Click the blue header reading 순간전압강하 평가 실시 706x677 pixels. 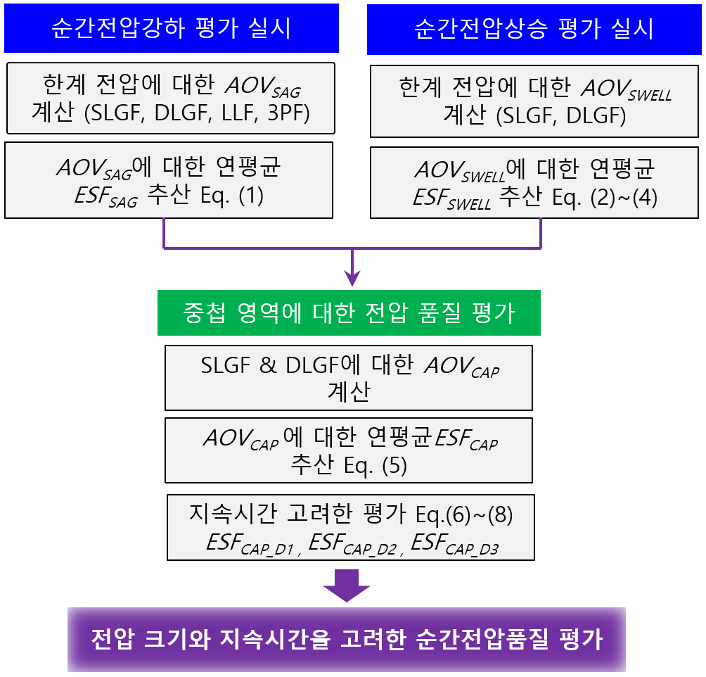(171, 28)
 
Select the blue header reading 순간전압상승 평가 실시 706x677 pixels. (534, 30)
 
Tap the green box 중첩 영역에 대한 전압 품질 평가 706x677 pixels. (349, 312)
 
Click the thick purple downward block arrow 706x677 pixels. (347, 586)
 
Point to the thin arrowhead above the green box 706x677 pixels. (352, 279)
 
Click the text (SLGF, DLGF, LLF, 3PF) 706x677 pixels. (197, 113)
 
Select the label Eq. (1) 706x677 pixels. (232, 196)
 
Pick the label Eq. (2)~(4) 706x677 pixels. (605, 198)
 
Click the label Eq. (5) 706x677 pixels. (375, 466)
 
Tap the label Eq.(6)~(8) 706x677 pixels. (464, 514)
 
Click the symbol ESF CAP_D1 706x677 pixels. (250, 543)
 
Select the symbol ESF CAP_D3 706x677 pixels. (455, 543)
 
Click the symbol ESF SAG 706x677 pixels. (106, 197)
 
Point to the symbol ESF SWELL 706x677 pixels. (452, 198)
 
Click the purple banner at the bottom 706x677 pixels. (347, 640)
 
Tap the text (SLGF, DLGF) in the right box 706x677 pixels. (561, 116)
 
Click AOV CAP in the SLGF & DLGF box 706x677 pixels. (462, 367)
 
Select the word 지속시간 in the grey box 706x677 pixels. (232, 514)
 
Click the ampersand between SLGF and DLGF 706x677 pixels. (267, 365)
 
